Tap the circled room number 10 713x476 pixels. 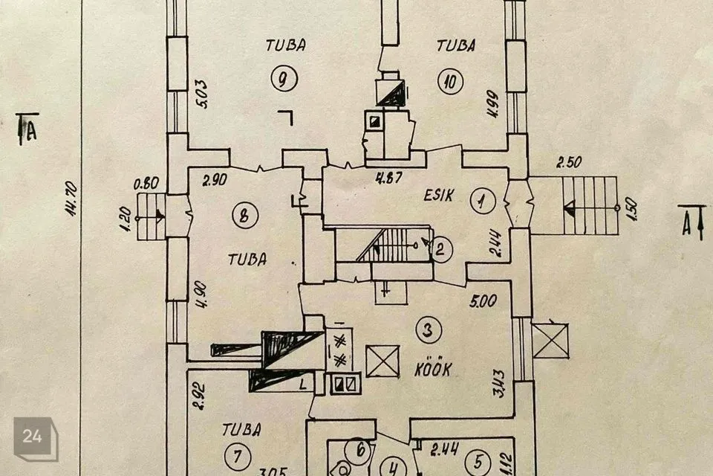click(x=449, y=80)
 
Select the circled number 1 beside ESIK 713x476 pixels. click(x=483, y=200)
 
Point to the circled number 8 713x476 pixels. click(x=244, y=216)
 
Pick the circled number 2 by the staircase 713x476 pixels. click(x=440, y=250)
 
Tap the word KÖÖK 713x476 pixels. click(x=433, y=369)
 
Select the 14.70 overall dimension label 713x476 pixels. click(x=72, y=200)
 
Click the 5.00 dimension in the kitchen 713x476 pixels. click(x=484, y=302)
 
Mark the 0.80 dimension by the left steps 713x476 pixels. click(x=147, y=182)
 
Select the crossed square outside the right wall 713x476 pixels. click(x=550, y=341)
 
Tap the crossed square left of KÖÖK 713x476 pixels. click(x=383, y=361)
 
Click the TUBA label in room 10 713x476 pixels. click(x=456, y=45)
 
